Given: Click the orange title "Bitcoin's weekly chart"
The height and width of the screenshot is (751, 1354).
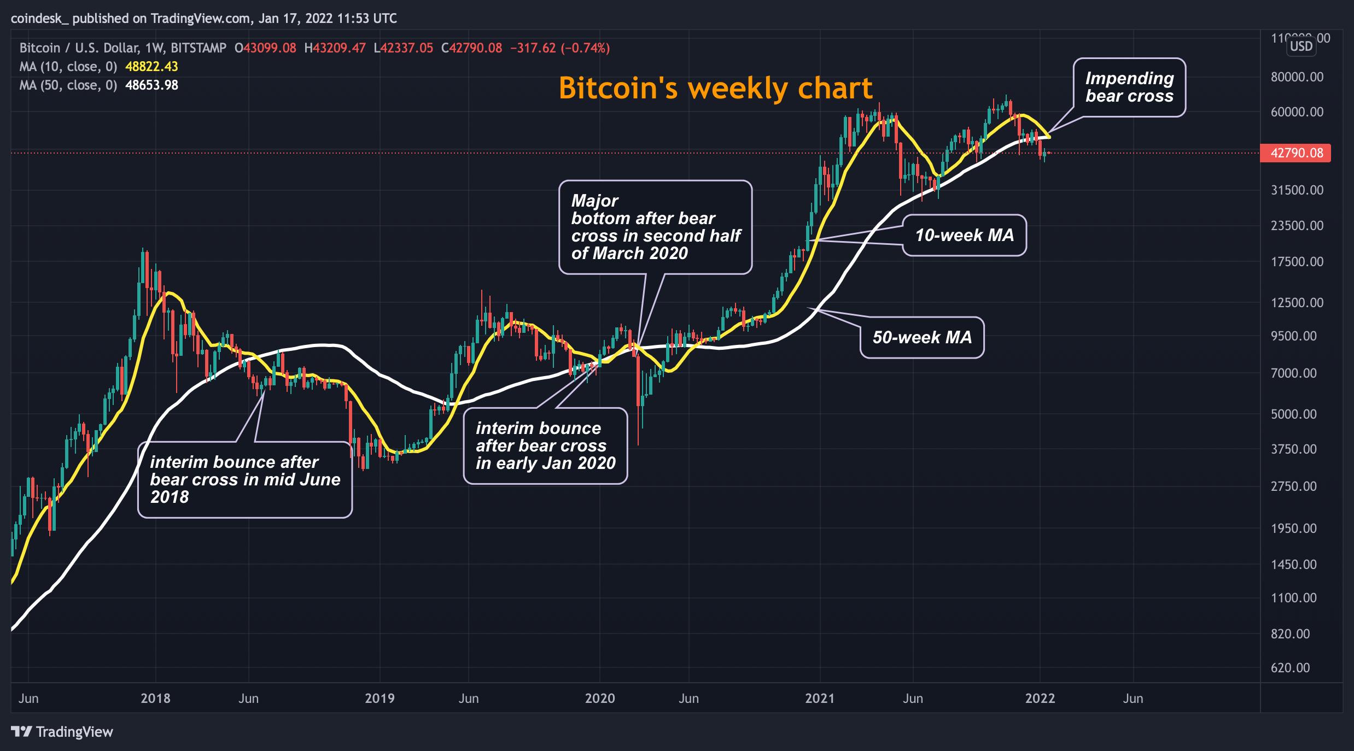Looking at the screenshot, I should click(x=715, y=88).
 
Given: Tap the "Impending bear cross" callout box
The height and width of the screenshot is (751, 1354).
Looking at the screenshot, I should click(x=1129, y=87).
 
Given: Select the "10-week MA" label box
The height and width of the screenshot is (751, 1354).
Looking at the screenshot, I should click(x=964, y=235).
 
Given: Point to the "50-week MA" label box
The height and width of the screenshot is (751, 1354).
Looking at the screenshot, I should click(x=922, y=337).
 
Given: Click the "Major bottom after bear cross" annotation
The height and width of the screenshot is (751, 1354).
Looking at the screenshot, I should click(x=655, y=227).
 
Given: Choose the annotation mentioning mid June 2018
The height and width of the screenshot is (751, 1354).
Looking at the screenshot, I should click(x=245, y=479).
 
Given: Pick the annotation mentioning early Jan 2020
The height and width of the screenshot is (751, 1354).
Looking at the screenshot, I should click(x=545, y=445).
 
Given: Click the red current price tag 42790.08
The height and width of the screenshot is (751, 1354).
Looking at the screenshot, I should click(x=1296, y=153).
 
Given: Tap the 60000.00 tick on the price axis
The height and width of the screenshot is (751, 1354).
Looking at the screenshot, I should click(x=1297, y=112).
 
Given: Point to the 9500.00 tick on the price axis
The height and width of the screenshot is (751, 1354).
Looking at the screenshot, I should click(x=1294, y=336).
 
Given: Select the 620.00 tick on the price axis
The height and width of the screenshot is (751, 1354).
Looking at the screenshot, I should click(x=1291, y=667).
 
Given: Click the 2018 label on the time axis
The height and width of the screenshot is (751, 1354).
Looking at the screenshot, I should click(x=155, y=698).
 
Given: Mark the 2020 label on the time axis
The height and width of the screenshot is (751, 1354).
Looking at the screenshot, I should click(x=600, y=698).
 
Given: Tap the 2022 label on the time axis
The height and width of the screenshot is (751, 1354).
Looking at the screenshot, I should click(x=1040, y=698).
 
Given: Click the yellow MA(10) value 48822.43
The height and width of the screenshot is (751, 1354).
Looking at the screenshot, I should click(x=151, y=67).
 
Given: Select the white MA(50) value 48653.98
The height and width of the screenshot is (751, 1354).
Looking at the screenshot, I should click(x=151, y=85).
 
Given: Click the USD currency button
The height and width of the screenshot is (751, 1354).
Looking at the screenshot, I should click(x=1301, y=46).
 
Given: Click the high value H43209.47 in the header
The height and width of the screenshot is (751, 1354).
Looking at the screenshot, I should click(x=335, y=48).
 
